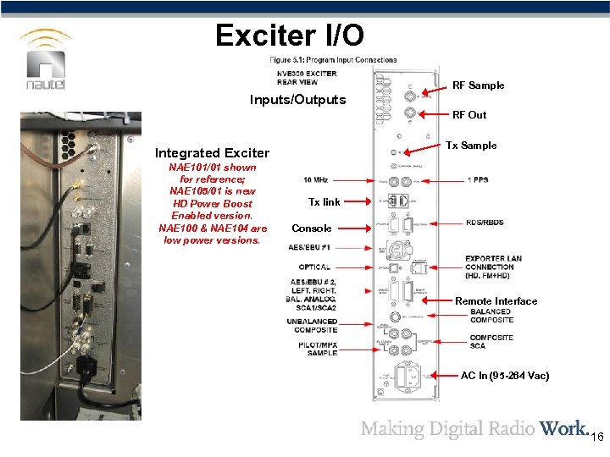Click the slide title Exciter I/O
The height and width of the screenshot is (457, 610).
[x=290, y=35]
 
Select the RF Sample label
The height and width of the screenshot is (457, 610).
[x=478, y=85]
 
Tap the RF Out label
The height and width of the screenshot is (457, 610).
[x=469, y=115]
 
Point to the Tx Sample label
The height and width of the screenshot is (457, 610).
[x=472, y=146]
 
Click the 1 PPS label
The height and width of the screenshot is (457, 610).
[x=477, y=180]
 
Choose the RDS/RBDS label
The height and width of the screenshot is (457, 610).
[x=485, y=223]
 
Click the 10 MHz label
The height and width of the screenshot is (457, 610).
[x=315, y=180]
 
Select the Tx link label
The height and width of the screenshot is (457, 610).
[x=324, y=202]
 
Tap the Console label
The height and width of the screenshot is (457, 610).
[x=312, y=228]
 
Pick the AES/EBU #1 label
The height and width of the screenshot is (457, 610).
[x=309, y=248]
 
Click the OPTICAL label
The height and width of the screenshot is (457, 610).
[x=314, y=267]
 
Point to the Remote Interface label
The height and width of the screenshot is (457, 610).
[x=496, y=301]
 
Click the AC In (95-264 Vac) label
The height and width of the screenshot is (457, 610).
[x=504, y=375]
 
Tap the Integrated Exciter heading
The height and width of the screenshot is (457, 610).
[x=212, y=153]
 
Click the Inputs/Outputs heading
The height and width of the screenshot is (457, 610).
[x=297, y=100]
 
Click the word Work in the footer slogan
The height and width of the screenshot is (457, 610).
[x=563, y=428]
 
